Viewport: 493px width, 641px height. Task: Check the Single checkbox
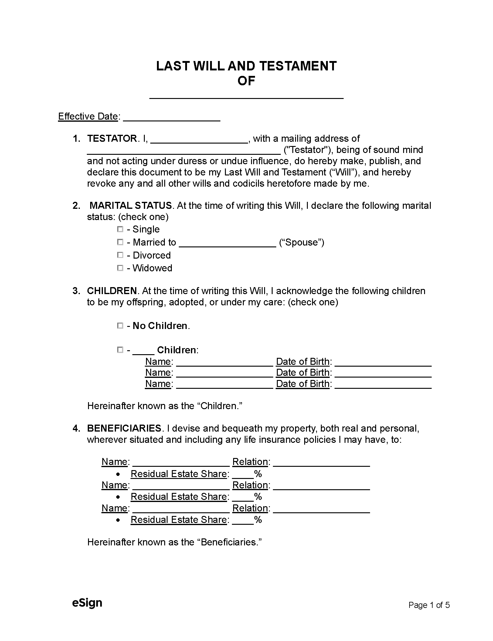pyautogui.click(x=120, y=229)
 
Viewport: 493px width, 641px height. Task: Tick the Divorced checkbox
pyautogui.click(x=120, y=255)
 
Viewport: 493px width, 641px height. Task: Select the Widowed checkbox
pyautogui.click(x=120, y=268)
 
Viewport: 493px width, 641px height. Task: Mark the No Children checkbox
pyautogui.click(x=120, y=326)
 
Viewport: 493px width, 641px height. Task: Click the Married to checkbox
pyautogui.click(x=120, y=242)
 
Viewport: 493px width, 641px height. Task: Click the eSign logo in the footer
pyautogui.click(x=87, y=602)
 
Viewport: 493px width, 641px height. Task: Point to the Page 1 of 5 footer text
pyautogui.click(x=429, y=605)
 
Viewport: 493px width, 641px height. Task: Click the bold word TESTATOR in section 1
pyautogui.click(x=112, y=139)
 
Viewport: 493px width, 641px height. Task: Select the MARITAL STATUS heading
pyautogui.click(x=131, y=205)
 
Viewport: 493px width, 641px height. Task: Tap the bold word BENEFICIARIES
pyautogui.click(x=124, y=428)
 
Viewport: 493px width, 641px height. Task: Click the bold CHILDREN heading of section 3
pyautogui.click(x=112, y=291)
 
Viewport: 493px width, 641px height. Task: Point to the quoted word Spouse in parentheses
pyautogui.click(x=301, y=242)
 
